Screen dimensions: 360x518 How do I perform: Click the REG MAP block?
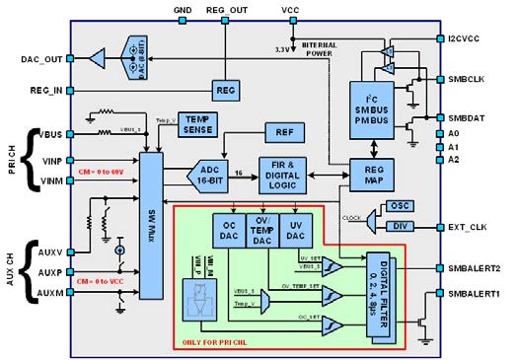(373, 176)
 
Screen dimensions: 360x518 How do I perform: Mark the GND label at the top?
(183, 10)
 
